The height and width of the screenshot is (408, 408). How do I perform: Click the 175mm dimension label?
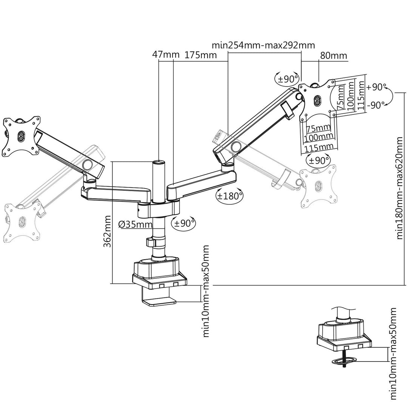201,55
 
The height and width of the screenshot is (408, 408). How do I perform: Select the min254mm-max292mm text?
263,46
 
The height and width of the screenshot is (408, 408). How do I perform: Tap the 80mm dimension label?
334,56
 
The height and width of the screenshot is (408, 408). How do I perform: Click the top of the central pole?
159,162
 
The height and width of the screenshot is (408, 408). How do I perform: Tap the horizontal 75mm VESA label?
318,127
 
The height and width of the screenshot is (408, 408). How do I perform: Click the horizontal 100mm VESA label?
318,136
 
